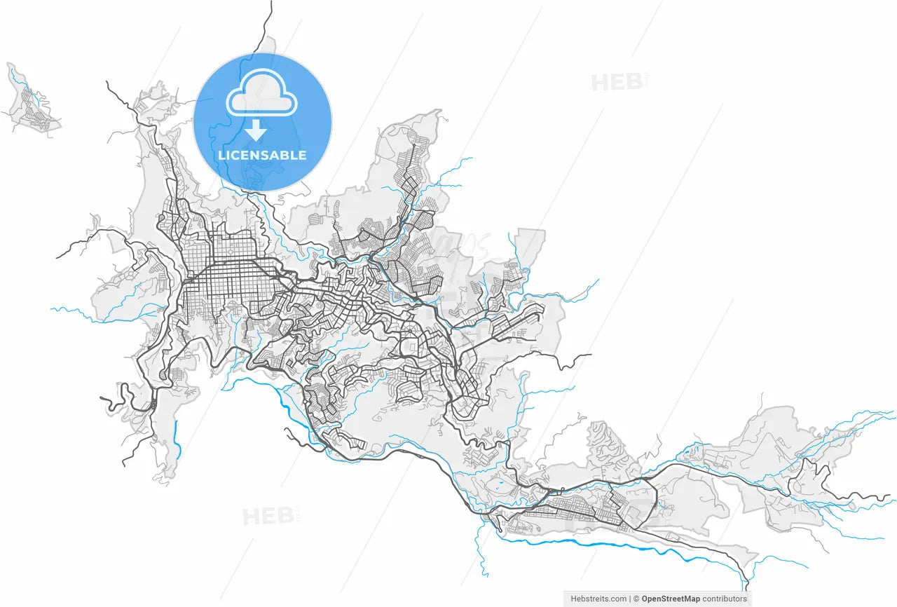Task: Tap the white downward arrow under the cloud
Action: (256, 130)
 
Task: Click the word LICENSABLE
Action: (262, 155)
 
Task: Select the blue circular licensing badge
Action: (262, 122)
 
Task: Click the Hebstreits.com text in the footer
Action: (598, 599)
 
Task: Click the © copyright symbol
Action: (636, 599)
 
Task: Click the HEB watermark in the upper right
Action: (617, 83)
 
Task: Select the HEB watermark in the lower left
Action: (268, 517)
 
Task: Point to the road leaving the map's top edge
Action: (271, 6)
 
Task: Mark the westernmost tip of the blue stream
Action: (51, 308)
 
